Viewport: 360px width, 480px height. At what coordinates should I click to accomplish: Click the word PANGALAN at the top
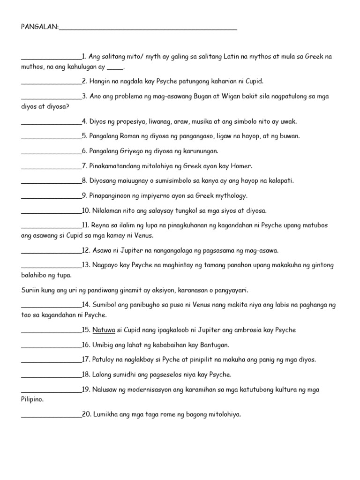[39, 28]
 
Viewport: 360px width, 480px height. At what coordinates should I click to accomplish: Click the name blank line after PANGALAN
[148, 29]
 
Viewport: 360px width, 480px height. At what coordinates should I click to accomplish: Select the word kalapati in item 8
[280, 180]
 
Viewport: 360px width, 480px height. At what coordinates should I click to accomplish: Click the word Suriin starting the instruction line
[31, 290]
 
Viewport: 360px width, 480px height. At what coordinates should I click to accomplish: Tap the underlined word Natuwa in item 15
[104, 330]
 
